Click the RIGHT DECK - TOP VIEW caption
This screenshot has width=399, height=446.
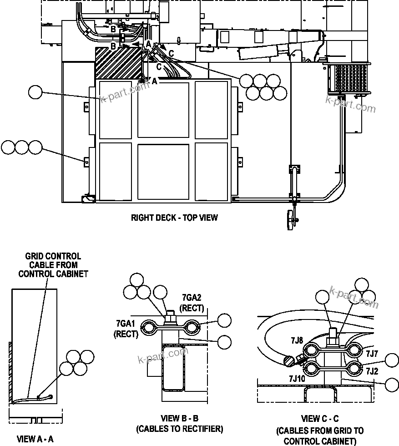(x=174, y=218)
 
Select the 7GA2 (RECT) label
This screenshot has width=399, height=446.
(x=191, y=303)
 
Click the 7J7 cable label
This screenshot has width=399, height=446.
(x=372, y=353)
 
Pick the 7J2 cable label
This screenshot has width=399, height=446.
(x=372, y=371)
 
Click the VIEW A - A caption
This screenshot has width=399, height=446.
(x=35, y=439)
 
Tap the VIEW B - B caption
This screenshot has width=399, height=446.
(x=179, y=418)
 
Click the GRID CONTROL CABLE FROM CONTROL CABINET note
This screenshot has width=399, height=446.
(x=53, y=265)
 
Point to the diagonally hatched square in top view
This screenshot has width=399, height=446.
(x=118, y=62)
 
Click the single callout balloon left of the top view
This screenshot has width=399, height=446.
(x=35, y=92)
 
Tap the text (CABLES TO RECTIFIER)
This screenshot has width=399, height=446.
(x=179, y=429)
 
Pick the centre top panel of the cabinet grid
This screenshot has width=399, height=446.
(x=163, y=110)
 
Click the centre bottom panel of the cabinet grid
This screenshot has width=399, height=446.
(x=163, y=171)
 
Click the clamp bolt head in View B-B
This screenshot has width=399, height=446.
(x=171, y=314)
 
